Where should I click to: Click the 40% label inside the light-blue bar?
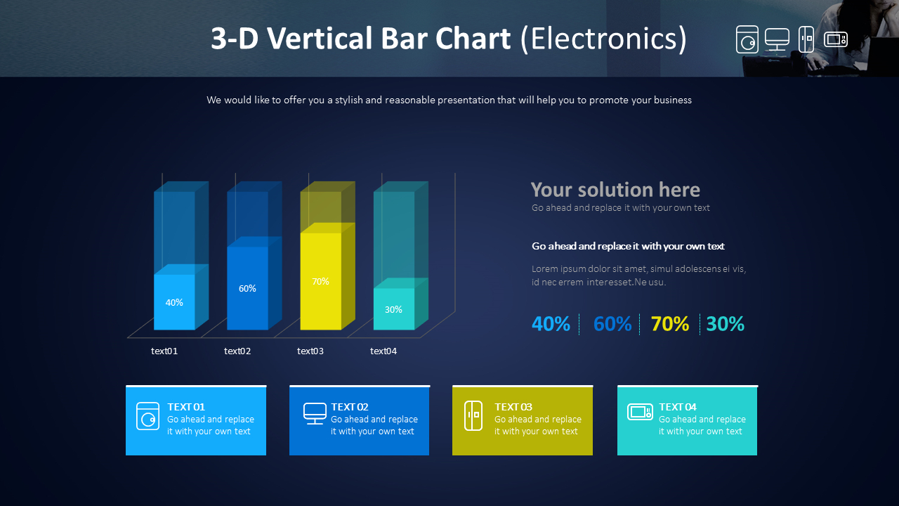click(x=174, y=302)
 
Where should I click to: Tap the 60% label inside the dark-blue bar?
click(x=247, y=288)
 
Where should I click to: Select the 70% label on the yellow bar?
click(x=320, y=282)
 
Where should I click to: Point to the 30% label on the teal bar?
click(x=393, y=310)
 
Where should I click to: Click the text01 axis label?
click(x=164, y=351)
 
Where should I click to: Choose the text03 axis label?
click(x=310, y=351)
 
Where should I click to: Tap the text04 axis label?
click(x=383, y=351)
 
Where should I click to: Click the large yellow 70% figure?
click(x=670, y=324)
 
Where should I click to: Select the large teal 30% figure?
click(x=725, y=324)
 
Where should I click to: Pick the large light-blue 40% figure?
click(x=551, y=324)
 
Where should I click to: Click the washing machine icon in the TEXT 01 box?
click(x=147, y=416)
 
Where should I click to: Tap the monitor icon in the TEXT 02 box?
click(x=315, y=413)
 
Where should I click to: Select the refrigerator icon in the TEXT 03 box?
click(x=473, y=415)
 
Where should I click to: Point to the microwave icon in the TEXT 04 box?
click(x=640, y=412)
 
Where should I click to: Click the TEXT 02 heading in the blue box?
click(x=350, y=407)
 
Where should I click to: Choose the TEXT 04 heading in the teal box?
click(x=678, y=407)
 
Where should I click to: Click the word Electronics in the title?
click(x=604, y=39)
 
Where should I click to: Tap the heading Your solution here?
click(x=615, y=190)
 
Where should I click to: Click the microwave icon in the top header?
click(x=836, y=39)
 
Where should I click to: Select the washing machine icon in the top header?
click(x=747, y=39)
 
